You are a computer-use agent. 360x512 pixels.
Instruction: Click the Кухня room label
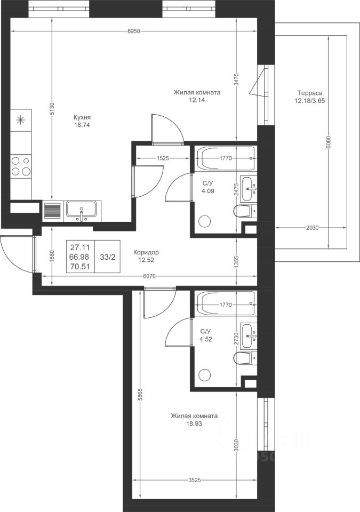(x=82, y=117)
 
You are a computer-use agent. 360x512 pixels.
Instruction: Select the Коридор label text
(x=146, y=252)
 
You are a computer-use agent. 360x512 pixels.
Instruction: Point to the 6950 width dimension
(x=134, y=31)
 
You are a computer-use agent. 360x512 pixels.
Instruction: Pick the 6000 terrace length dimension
(x=329, y=142)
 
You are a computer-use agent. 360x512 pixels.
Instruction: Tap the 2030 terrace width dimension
(x=312, y=228)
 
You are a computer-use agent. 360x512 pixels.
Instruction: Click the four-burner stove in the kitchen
(x=21, y=166)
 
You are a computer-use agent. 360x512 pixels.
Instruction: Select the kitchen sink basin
(x=82, y=209)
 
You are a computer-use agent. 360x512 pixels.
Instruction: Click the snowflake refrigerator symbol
(x=21, y=120)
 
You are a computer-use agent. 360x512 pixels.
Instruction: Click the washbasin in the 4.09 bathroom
(x=249, y=189)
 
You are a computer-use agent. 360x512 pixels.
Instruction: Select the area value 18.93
(x=194, y=424)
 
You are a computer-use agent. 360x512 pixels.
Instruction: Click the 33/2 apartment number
(x=108, y=257)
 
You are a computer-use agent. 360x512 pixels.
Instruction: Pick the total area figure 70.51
(x=79, y=267)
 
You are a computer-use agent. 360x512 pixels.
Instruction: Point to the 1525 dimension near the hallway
(x=163, y=158)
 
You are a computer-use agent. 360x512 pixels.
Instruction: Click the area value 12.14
(x=197, y=100)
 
